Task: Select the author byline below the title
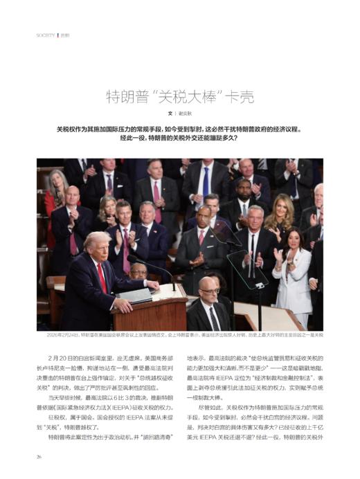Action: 179,113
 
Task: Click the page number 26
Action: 40,456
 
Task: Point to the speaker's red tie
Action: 102,277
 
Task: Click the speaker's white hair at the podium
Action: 96,239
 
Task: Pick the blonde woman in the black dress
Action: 278,220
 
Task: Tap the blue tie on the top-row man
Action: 206,181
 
